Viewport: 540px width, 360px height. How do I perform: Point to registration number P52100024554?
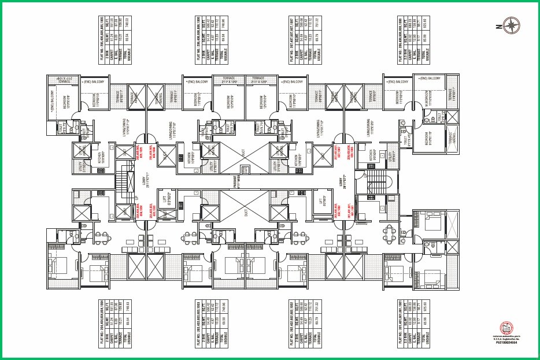505,343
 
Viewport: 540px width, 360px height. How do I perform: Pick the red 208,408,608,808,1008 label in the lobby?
350,151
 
